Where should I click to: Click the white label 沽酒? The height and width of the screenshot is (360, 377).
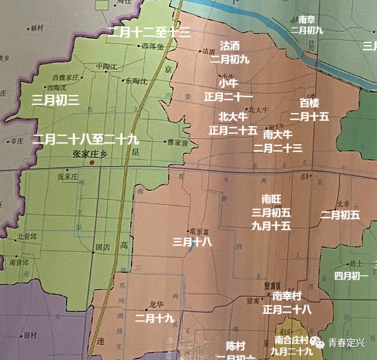coord(230,46)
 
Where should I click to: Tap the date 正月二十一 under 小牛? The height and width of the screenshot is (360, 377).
coord(228,96)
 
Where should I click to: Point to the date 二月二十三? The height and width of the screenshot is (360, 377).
coord(278,148)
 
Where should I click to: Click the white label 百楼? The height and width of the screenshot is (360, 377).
coord(309,103)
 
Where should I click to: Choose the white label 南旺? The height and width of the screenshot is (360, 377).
coord(271,199)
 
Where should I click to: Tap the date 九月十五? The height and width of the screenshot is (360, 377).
coord(271,226)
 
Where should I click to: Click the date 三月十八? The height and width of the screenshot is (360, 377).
coord(192,242)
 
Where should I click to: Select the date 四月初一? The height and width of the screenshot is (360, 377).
coord(351,276)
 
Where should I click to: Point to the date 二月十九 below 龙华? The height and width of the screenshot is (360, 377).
coord(154,317)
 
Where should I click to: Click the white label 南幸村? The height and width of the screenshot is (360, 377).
coord(287,296)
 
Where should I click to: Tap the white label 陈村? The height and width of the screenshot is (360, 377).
coord(235,346)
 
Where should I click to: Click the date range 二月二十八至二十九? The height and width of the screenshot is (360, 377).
coord(85,139)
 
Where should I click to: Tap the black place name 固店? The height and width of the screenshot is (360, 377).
coord(101,247)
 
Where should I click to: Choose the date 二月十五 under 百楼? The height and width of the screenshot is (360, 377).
coord(309,117)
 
